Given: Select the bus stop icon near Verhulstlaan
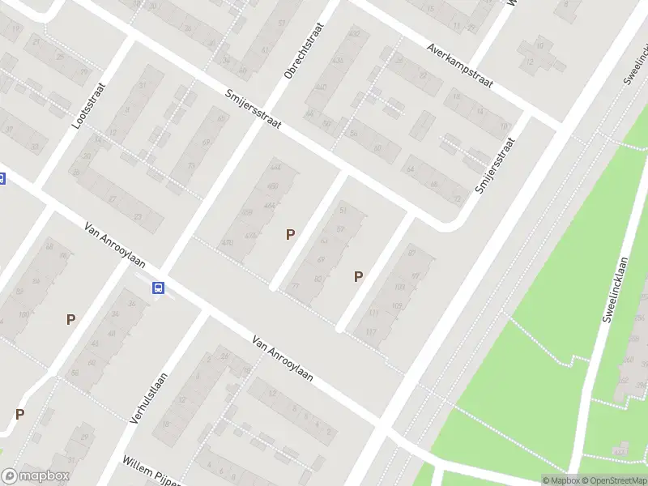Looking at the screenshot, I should [x=159, y=288].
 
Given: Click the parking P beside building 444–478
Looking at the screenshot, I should [x=291, y=234].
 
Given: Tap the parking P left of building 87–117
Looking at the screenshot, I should [x=358, y=276].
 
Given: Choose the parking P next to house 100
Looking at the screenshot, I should [x=70, y=319].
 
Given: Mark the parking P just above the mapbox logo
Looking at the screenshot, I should [x=19, y=414].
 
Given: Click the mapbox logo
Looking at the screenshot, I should [x=36, y=476].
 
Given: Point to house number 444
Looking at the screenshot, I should [x=276, y=168].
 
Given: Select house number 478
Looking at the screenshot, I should [x=228, y=243].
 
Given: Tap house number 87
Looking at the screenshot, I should [x=411, y=254].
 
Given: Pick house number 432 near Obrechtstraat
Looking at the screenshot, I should [x=353, y=34].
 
